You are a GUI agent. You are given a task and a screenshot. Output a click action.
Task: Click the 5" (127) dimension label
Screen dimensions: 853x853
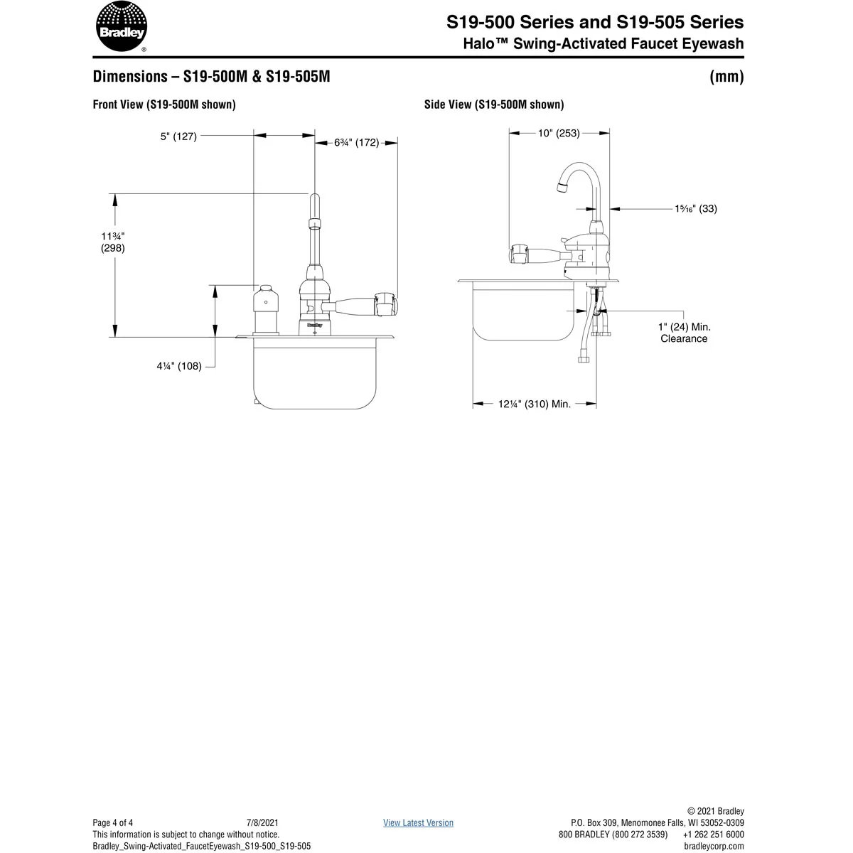coord(178,136)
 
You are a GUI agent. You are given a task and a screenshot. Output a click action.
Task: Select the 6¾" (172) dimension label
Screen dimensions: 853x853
coord(356,143)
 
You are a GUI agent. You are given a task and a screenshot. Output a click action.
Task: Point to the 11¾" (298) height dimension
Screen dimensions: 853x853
coord(112,242)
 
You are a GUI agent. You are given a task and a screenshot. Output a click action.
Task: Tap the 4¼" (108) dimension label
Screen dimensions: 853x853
coord(179,366)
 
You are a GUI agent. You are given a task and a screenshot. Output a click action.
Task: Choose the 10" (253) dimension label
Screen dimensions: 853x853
coord(559,133)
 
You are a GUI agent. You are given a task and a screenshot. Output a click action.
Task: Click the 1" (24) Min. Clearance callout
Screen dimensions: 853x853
coord(684,333)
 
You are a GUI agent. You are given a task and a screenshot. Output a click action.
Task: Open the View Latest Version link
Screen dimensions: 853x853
coord(418,822)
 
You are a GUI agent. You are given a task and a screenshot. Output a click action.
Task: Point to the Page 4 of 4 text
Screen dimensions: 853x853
coord(113,822)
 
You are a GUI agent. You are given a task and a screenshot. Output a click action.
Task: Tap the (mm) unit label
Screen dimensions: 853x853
coord(726,77)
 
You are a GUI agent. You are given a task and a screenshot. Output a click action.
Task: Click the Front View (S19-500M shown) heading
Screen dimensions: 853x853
coord(164,104)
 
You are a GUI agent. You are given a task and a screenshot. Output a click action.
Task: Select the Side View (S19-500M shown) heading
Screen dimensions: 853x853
coord(494,104)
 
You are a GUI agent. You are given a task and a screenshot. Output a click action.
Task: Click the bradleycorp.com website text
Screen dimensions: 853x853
coord(714,846)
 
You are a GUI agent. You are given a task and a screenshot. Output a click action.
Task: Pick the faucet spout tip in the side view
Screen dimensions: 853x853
coord(561,188)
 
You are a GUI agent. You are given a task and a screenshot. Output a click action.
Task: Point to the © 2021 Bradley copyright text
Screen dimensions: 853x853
coord(716,811)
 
